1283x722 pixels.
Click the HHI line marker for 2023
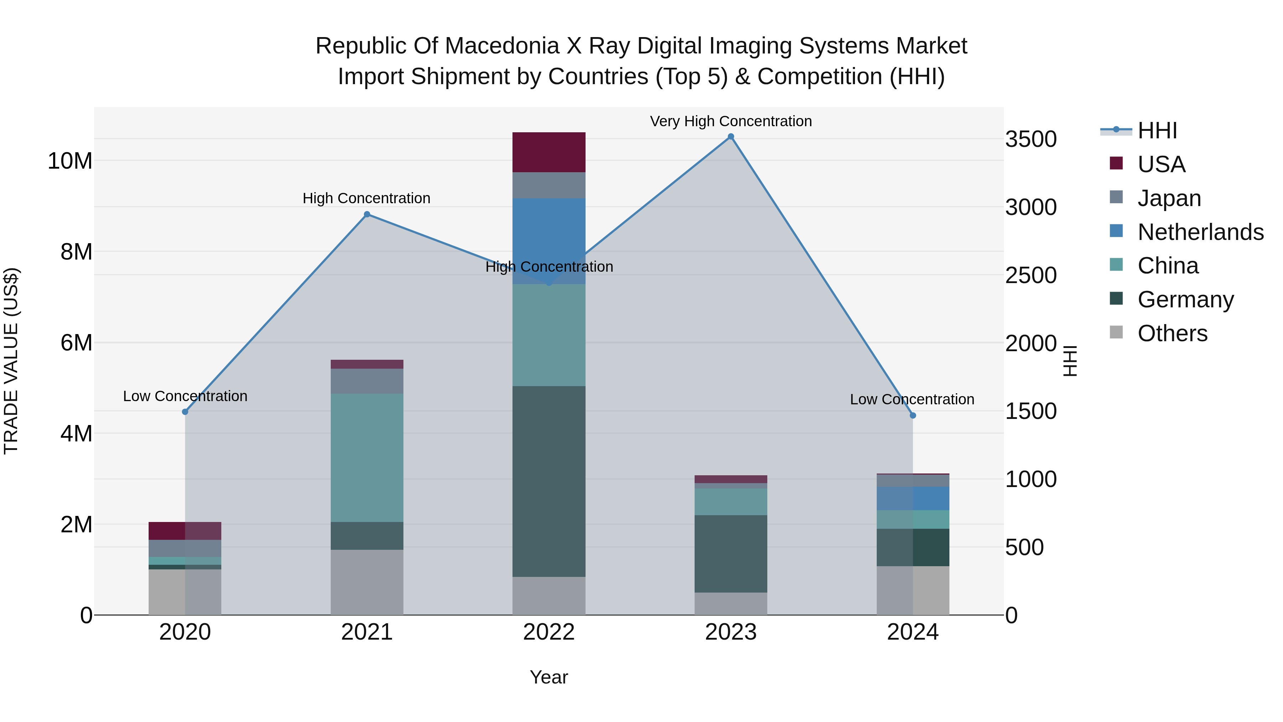tap(731, 137)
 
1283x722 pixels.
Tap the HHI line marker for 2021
tap(367, 214)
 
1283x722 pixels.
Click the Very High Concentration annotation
tap(731, 121)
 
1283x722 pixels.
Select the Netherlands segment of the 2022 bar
tap(549, 234)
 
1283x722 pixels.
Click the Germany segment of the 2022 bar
tap(549, 481)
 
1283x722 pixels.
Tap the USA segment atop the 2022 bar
tap(549, 152)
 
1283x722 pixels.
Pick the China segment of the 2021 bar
tap(367, 457)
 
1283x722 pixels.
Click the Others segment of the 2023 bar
tap(731, 603)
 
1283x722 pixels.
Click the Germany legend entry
tap(1185, 299)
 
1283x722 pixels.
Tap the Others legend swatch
tap(1116, 332)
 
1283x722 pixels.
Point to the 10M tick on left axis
tap(70, 161)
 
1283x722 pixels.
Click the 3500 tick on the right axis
tap(1030, 139)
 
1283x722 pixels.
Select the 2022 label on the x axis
tap(549, 632)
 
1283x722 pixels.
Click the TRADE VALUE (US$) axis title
tap(11, 361)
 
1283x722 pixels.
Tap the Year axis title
tap(549, 677)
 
